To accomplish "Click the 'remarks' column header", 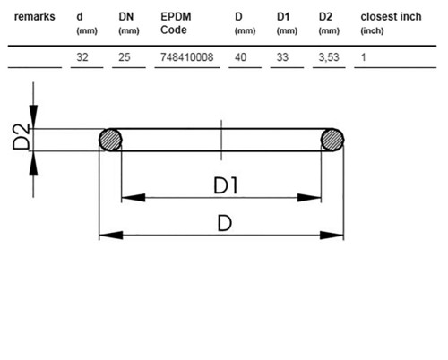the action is (x=35, y=17).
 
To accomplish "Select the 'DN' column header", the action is (x=126, y=17).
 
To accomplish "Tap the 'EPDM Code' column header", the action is (x=176, y=23).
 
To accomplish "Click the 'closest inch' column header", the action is (x=391, y=17).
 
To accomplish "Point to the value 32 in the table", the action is (x=82, y=57).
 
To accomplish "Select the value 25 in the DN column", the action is (x=125, y=57).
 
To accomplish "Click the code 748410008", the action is (x=187, y=57).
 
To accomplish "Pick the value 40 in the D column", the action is (x=240, y=57).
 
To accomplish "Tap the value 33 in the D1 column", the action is (x=282, y=57).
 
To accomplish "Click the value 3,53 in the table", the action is (x=329, y=57).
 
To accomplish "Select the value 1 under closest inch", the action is (x=363, y=57).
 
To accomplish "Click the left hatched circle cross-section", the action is (x=110, y=140).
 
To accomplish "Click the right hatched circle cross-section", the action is (x=332, y=140).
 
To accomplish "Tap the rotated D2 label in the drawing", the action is (x=22, y=136).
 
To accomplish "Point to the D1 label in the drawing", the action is (x=226, y=185).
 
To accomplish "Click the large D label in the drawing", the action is (x=225, y=223).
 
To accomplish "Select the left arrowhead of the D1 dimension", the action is (x=134, y=197).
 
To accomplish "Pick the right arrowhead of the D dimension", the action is (x=332, y=236).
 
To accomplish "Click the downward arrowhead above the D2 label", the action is (x=33, y=116).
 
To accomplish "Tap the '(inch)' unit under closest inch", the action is (x=372, y=30).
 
